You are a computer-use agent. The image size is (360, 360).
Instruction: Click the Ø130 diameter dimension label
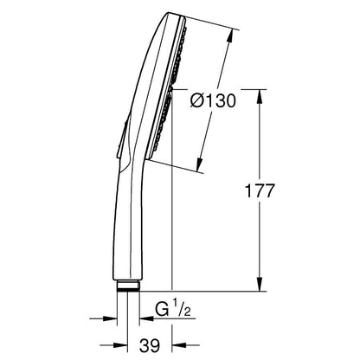pos(213,101)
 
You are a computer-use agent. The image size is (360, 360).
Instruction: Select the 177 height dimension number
pos(259,190)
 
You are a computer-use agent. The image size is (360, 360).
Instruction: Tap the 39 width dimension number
pos(150,345)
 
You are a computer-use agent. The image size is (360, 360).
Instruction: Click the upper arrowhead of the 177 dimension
pos(260,96)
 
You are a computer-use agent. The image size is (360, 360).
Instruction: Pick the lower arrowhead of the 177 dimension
pos(260,284)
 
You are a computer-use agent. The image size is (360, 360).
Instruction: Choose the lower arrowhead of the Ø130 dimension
pos(199,165)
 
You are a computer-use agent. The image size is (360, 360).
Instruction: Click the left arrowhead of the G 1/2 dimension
pos(110,318)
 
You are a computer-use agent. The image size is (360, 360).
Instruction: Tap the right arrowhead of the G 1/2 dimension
pos(146,318)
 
